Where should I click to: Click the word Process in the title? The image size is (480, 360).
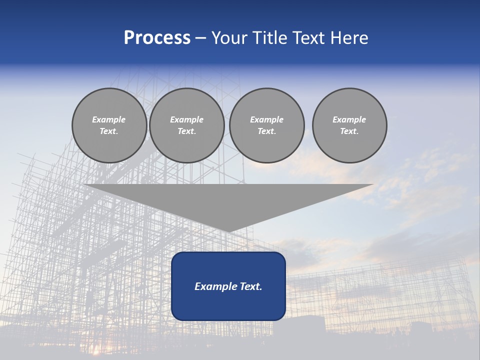(157, 38)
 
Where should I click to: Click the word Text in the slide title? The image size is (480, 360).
(308, 38)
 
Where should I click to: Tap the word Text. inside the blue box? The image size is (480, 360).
(249, 286)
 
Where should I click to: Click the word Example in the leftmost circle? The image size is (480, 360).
(109, 119)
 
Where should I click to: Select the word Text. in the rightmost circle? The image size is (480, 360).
(349, 131)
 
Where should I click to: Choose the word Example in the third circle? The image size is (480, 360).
(266, 119)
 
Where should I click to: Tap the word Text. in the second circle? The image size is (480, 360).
(186, 131)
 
